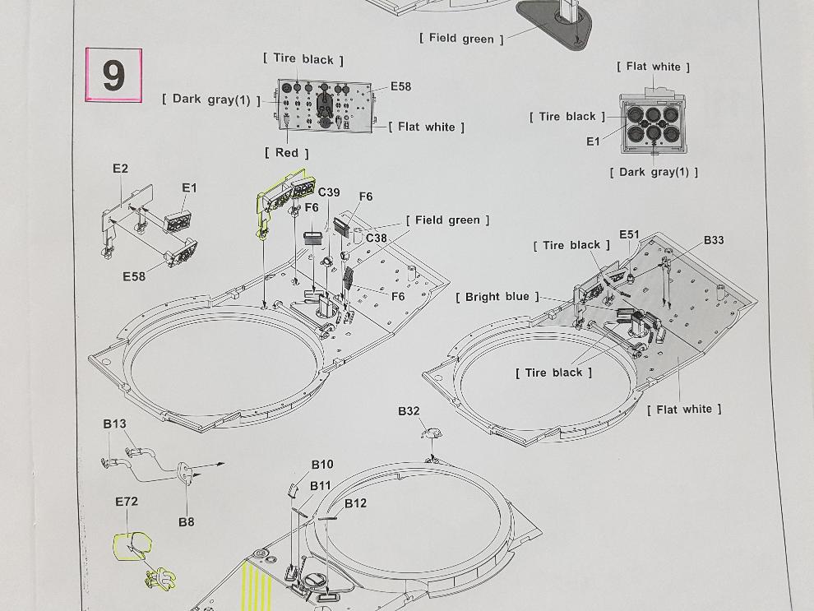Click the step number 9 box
click(x=113, y=75)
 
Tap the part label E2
click(x=120, y=169)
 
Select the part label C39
click(x=329, y=192)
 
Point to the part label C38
click(x=377, y=238)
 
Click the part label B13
click(x=114, y=424)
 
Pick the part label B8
click(x=187, y=522)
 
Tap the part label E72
click(x=127, y=502)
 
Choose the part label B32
click(x=409, y=411)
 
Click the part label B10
click(x=322, y=465)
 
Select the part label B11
click(x=321, y=486)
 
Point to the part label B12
click(x=355, y=503)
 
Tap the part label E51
click(x=629, y=234)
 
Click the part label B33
click(x=714, y=240)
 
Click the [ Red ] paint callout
click(x=287, y=153)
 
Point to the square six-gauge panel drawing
click(x=652, y=125)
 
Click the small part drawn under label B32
click(x=431, y=432)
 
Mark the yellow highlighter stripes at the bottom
click(x=258, y=586)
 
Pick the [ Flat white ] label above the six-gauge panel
click(x=653, y=67)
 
